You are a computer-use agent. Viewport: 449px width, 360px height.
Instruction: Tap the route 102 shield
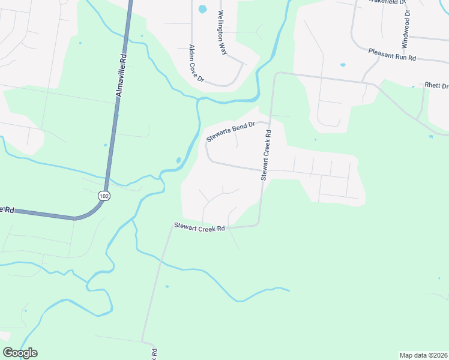104,196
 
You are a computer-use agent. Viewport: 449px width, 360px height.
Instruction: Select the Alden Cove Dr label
197,64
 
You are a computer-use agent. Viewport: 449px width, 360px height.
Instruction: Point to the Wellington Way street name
222,33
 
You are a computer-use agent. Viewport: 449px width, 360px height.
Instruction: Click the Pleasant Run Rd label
392,55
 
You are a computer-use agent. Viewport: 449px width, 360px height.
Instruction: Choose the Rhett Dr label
436,85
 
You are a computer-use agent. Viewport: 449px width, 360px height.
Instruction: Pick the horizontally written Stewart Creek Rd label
199,227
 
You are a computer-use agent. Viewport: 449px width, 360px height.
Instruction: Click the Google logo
20,353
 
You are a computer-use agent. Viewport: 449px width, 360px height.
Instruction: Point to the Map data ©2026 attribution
423,355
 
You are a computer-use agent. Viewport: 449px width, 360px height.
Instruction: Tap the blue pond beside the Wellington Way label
202,9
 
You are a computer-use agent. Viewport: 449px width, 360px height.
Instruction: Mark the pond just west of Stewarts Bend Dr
178,161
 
